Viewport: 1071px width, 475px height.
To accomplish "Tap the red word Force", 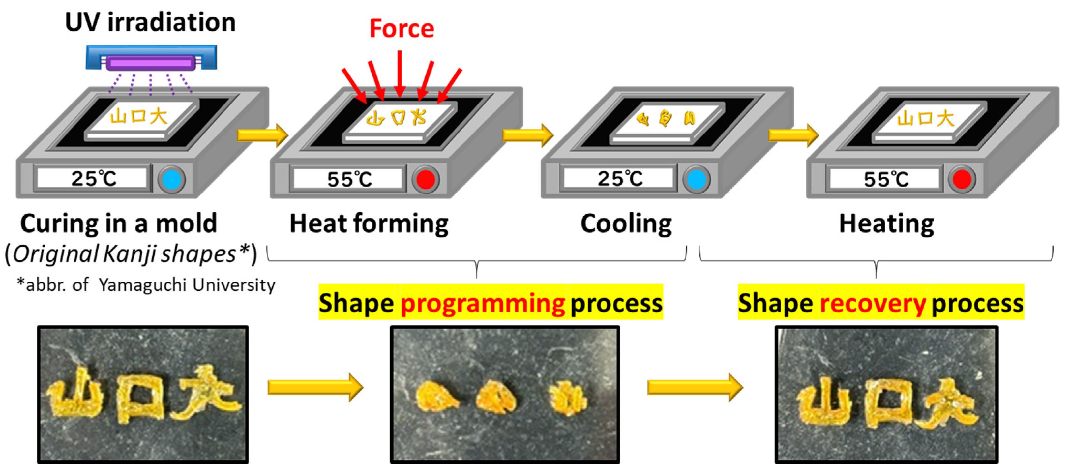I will point(402,29).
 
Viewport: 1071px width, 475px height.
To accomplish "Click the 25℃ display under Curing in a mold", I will point(93,179).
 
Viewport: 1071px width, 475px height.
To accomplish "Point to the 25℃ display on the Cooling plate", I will point(619,179).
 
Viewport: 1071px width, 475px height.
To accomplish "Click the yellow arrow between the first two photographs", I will point(315,387).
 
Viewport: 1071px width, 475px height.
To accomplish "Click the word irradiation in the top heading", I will point(171,22).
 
